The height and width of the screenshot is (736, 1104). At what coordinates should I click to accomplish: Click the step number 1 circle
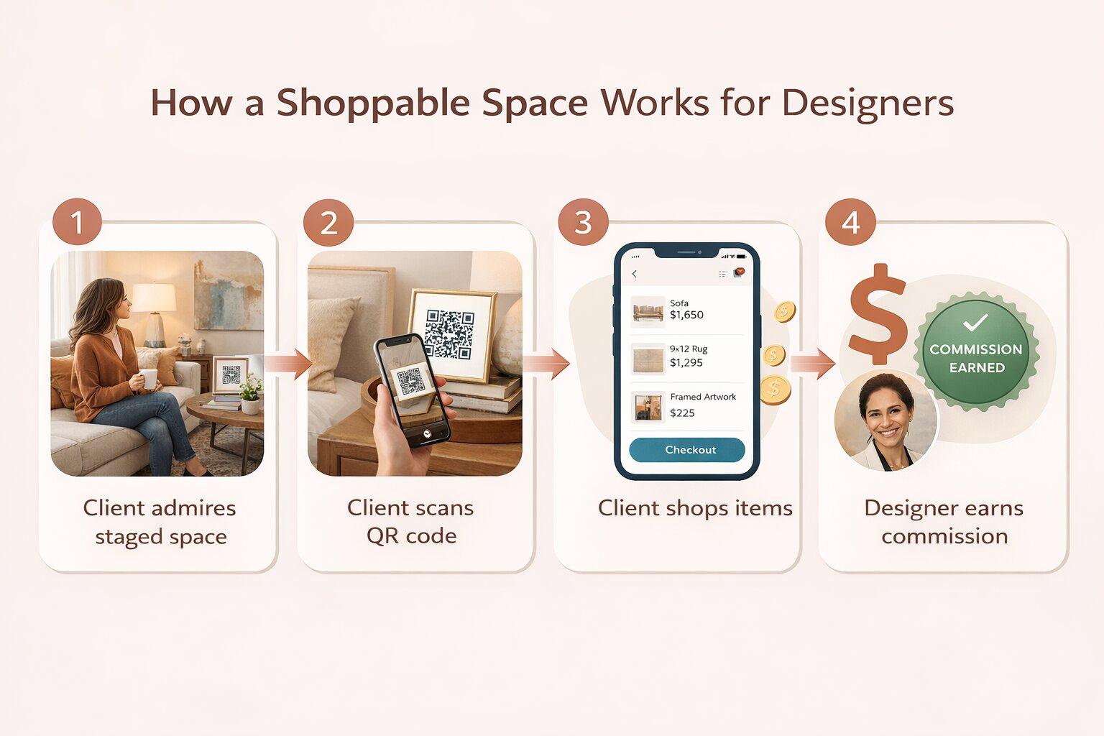click(77, 222)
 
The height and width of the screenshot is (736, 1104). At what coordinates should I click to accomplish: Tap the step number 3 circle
click(583, 222)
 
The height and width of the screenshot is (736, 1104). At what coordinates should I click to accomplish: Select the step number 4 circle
click(851, 222)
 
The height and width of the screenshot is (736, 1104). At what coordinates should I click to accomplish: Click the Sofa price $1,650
click(686, 315)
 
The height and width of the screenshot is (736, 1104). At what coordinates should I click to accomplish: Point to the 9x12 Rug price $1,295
click(686, 363)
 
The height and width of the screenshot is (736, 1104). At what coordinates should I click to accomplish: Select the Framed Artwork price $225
click(682, 413)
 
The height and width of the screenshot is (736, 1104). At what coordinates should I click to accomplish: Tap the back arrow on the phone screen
click(635, 274)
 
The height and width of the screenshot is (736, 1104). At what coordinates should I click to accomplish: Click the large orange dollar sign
click(878, 315)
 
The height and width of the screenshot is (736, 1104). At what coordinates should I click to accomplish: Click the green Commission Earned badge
click(976, 351)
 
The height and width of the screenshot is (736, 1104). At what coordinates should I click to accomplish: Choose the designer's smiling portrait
click(885, 420)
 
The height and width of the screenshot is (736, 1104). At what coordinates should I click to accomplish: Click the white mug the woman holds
click(148, 379)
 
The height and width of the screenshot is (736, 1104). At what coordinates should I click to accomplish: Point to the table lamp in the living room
click(154, 315)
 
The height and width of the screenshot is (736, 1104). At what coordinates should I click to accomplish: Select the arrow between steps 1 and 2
click(288, 364)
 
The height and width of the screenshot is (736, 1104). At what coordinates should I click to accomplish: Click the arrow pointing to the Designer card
click(813, 364)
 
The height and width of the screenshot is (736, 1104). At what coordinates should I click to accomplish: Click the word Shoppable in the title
click(372, 103)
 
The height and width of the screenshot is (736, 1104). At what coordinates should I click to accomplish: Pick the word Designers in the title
click(868, 103)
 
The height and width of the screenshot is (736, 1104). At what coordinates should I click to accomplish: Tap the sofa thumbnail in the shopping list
click(648, 311)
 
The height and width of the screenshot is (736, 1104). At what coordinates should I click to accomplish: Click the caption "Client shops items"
click(695, 508)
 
